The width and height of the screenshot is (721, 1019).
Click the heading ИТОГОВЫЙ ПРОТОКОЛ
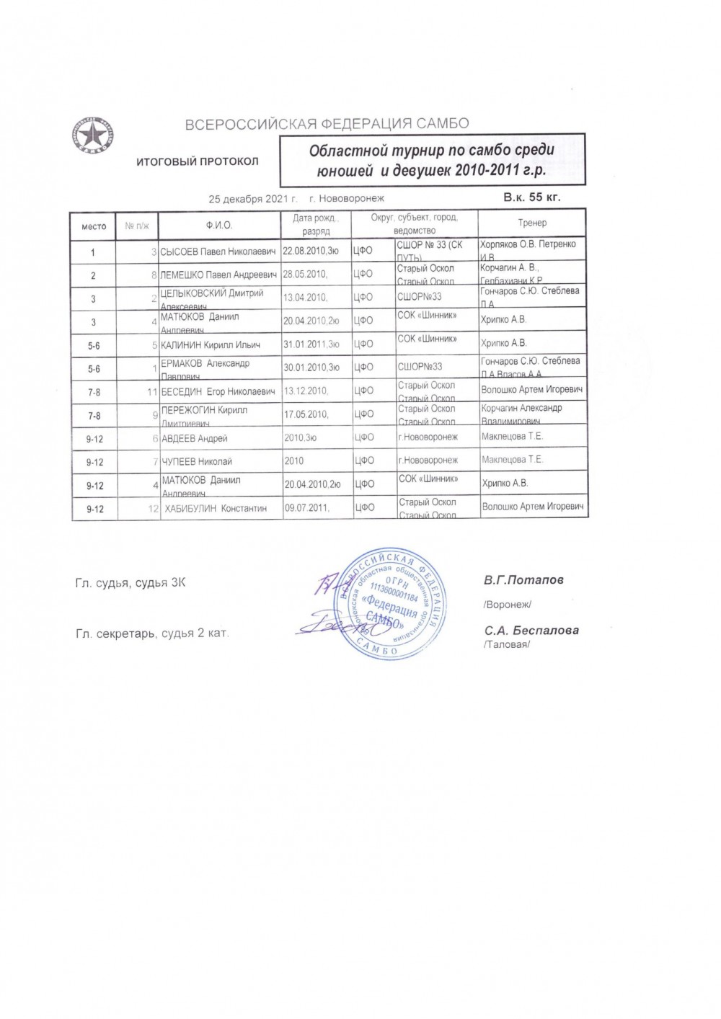(x=198, y=161)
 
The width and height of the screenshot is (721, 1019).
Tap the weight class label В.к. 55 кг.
(x=531, y=196)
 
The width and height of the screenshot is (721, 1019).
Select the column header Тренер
(x=532, y=223)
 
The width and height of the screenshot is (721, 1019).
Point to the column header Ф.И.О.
(x=218, y=226)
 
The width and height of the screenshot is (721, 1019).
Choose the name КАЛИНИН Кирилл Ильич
(x=210, y=345)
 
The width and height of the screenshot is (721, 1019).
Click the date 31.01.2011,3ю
(x=311, y=345)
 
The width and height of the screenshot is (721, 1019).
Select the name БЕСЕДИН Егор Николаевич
(x=218, y=391)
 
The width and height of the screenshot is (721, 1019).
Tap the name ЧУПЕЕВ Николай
(x=196, y=461)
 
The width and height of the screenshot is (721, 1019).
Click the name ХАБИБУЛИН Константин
(x=216, y=508)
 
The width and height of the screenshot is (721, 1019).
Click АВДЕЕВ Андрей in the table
(x=194, y=438)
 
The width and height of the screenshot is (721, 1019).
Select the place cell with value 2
(x=93, y=276)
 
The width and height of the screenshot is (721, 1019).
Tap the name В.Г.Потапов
(x=523, y=579)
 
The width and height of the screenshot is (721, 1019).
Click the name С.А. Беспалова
(x=531, y=630)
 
